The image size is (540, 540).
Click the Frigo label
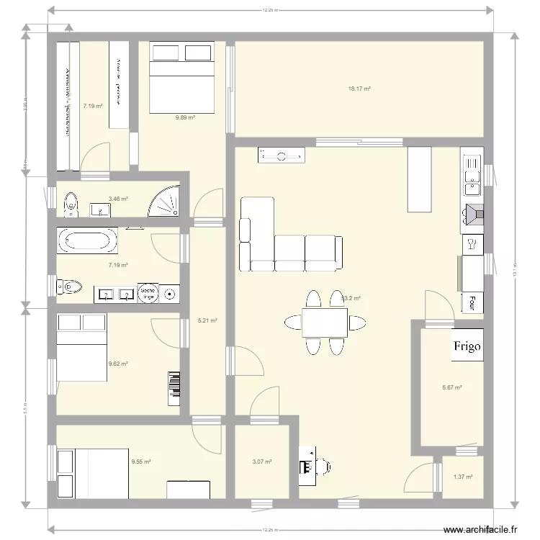[467, 346]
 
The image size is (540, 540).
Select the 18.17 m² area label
[359, 89]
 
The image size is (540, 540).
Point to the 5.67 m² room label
[451, 387]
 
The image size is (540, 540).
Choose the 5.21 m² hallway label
[207, 321]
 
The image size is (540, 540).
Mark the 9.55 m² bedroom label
[141, 462]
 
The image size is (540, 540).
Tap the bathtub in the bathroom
[87, 240]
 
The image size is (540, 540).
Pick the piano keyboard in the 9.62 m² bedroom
[174, 389]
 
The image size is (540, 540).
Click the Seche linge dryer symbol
[148, 292]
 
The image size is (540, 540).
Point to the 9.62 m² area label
[118, 364]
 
